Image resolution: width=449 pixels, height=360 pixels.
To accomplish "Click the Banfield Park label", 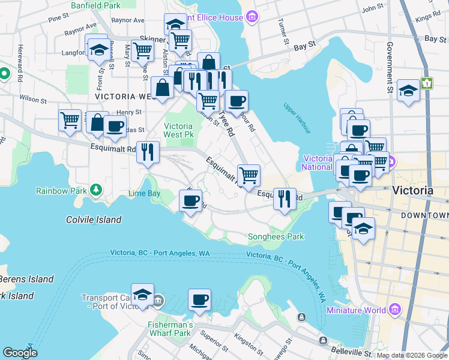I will (95, 5).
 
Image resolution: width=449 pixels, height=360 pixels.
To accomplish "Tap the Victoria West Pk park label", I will (178, 131).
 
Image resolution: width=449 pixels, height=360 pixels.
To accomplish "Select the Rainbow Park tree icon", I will (96, 190).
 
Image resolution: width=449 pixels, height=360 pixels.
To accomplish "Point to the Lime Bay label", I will (144, 193).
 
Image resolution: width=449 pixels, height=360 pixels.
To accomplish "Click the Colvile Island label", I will (94, 220).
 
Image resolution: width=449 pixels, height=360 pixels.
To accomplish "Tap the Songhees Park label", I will (276, 236).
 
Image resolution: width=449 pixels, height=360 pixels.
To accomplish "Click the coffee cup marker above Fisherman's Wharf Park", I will (199, 299).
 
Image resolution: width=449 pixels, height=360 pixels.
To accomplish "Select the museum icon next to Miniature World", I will (394, 310).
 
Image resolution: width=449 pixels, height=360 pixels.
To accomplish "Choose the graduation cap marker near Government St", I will (408, 91).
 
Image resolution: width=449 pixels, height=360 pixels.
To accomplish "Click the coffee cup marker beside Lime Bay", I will (191, 200).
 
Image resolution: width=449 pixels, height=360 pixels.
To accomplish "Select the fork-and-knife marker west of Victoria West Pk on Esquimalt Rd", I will (148, 151).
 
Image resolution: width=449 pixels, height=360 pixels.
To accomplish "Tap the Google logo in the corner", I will (20, 353).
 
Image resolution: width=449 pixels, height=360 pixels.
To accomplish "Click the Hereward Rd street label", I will (20, 58).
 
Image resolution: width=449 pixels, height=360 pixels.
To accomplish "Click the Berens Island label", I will (26, 279).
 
